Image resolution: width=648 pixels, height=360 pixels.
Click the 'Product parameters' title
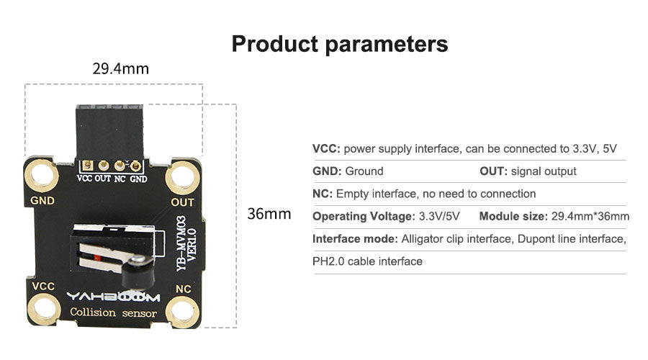coord(340,44)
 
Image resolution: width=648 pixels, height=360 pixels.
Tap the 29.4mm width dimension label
coord(121,68)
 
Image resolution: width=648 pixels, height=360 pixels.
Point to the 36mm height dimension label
coord(269,214)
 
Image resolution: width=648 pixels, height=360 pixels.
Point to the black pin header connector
coord(109,132)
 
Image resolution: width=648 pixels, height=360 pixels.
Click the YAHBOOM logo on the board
coord(113,297)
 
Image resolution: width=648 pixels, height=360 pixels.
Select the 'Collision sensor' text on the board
coord(113,312)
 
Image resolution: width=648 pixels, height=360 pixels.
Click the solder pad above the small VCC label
coord(87,166)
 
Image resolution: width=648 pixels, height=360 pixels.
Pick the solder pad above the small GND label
coord(135,166)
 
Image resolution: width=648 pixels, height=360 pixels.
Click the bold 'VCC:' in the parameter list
coord(326,149)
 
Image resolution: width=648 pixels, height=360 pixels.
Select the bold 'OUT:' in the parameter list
coord(493,171)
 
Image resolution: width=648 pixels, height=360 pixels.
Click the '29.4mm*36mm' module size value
coord(590,216)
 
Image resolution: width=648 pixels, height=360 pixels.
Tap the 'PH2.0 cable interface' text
coord(367,261)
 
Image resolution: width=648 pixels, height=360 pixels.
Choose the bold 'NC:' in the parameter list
coord(323,194)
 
